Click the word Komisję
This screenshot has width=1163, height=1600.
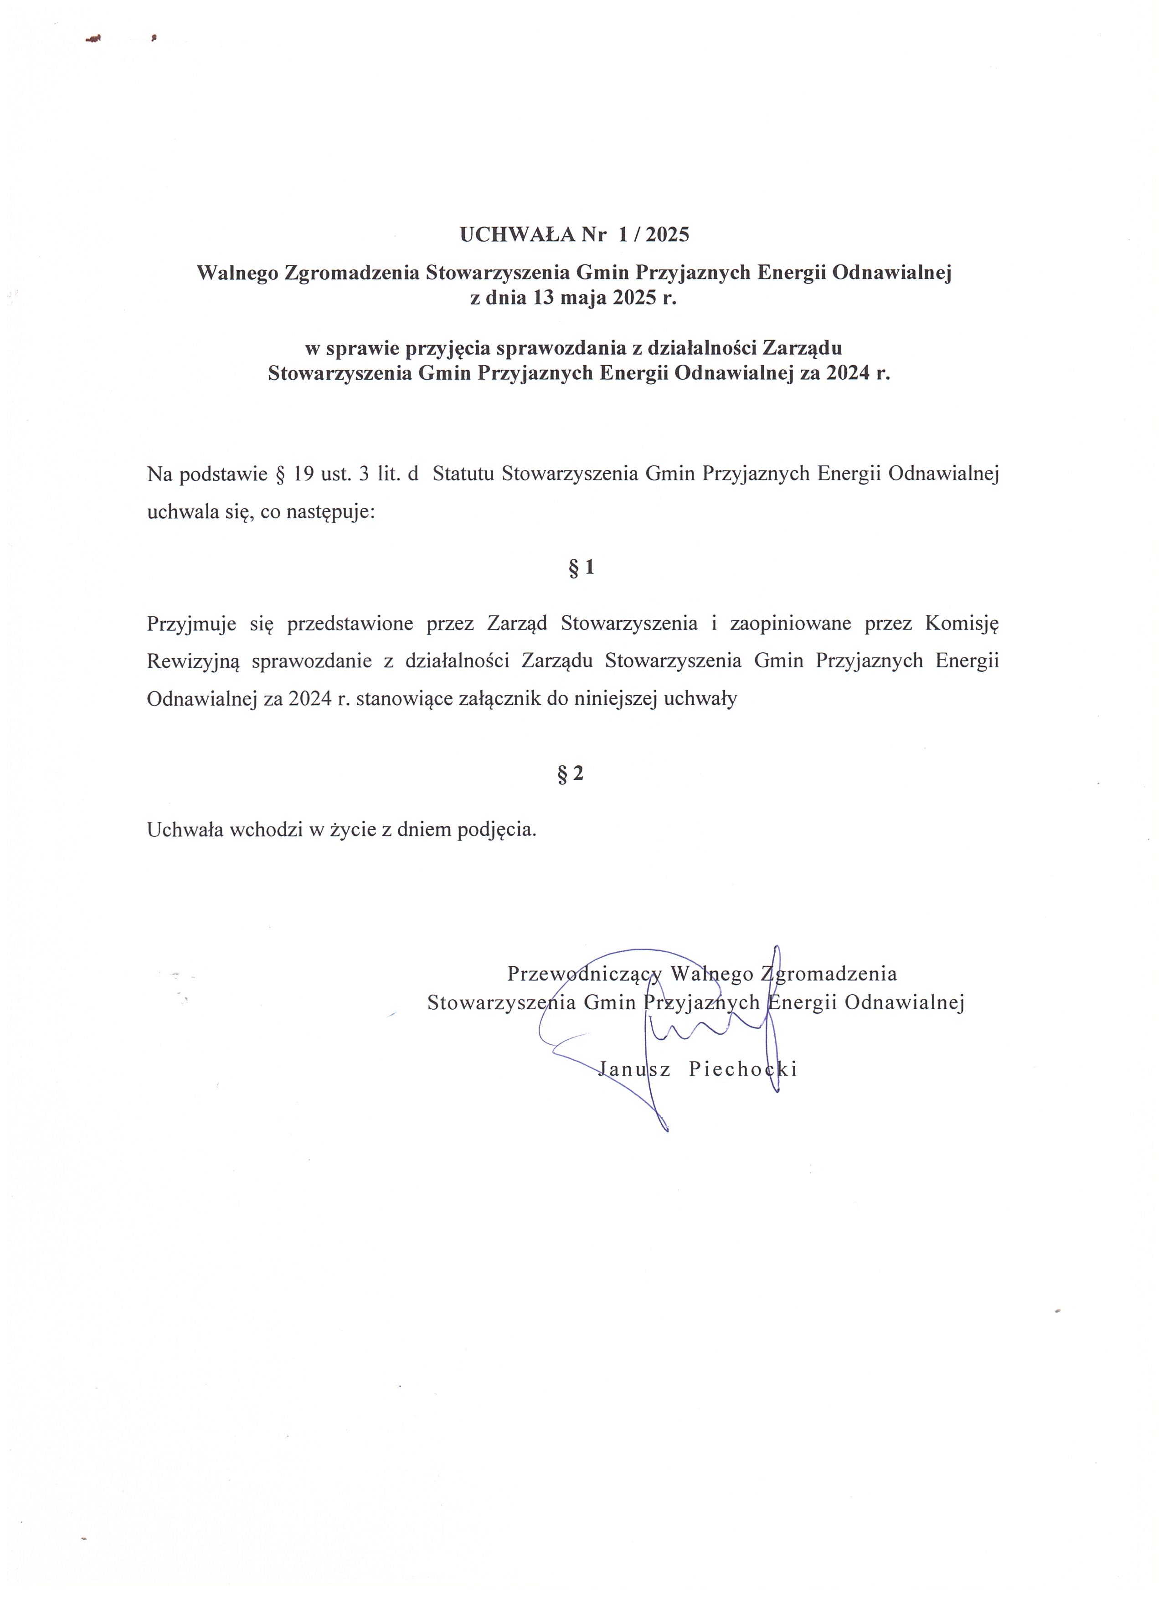point(961,624)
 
